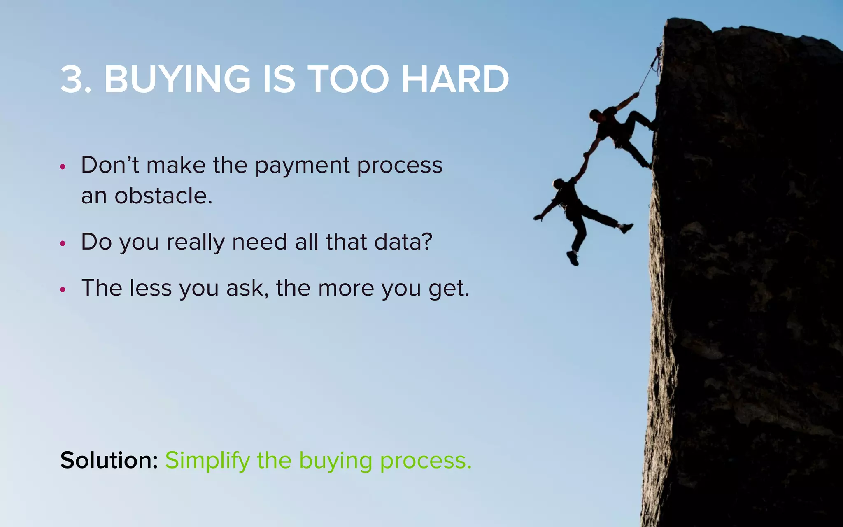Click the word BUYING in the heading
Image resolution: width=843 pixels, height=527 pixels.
click(x=177, y=79)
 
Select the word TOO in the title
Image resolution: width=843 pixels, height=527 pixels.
click(x=348, y=79)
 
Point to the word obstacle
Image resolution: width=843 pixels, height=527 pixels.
click(x=163, y=196)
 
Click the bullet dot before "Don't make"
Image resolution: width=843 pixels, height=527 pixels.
click(x=63, y=167)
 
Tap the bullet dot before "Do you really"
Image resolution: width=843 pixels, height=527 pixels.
click(x=63, y=243)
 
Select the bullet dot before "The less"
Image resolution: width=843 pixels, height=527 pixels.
click(x=63, y=289)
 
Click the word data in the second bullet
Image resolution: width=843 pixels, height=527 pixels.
click(x=403, y=242)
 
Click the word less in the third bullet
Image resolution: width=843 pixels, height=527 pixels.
click(x=151, y=288)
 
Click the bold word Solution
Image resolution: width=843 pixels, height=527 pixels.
click(x=109, y=460)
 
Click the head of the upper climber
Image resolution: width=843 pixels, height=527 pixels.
click(x=595, y=114)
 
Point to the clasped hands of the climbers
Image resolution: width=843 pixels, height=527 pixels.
click(x=586, y=156)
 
